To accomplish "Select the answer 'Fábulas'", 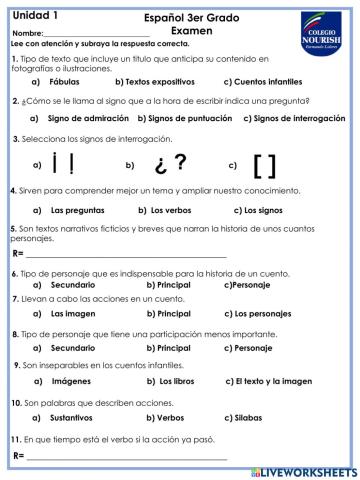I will (x=64, y=81).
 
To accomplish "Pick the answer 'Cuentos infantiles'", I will (x=262, y=81).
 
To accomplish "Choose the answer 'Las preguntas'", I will (x=71, y=210).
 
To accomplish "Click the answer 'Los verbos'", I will (x=172, y=210).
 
